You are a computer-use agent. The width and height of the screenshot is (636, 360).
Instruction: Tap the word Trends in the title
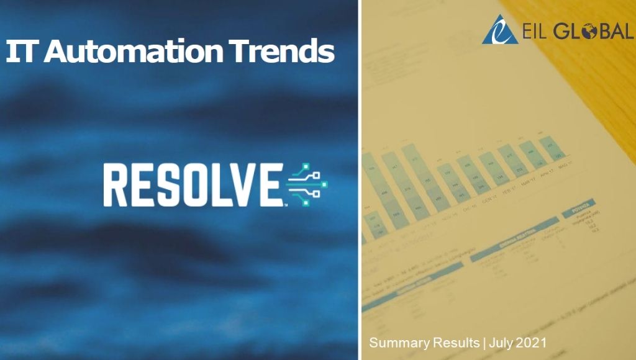[284, 52]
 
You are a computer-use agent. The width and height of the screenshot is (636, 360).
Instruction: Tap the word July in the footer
[502, 343]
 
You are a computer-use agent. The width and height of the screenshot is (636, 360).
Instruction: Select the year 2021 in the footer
[532, 343]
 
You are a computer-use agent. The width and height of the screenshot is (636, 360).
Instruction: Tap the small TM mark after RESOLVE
[285, 204]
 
